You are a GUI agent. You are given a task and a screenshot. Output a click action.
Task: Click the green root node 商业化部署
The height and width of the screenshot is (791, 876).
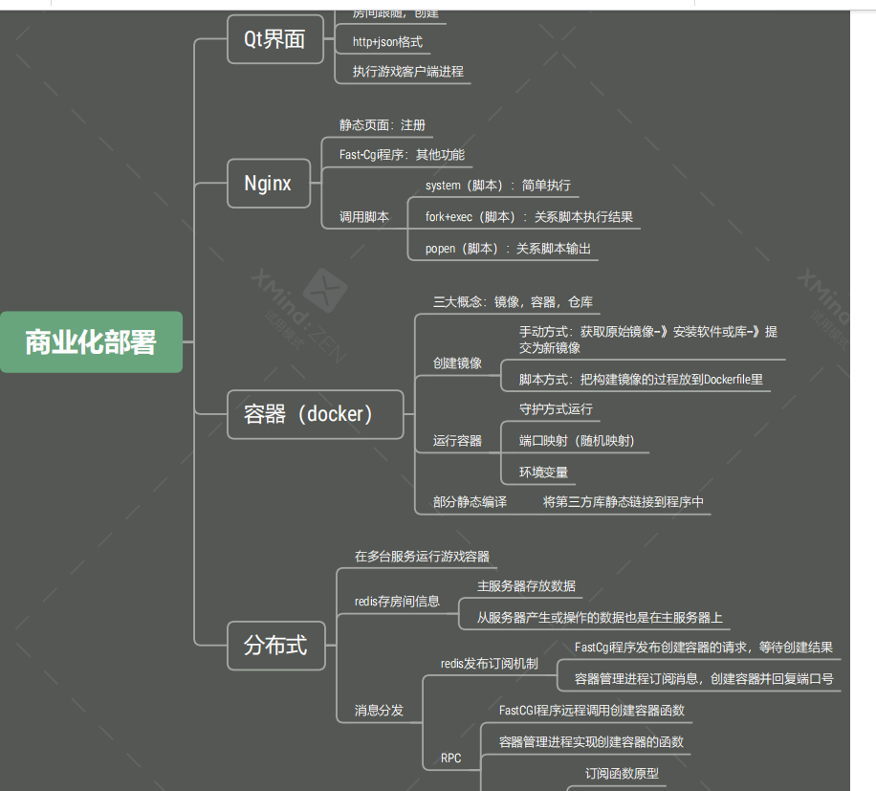click(91, 341)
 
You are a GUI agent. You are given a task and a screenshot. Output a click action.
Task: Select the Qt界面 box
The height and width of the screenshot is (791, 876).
click(275, 39)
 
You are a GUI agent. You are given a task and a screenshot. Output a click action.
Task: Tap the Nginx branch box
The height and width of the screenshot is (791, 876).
click(269, 183)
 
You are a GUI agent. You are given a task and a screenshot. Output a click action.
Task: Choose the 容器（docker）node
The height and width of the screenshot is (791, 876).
click(315, 414)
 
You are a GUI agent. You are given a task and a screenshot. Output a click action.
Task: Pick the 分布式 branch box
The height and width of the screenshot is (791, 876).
click(275, 645)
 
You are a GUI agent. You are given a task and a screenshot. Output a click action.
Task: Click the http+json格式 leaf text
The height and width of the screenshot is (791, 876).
click(387, 42)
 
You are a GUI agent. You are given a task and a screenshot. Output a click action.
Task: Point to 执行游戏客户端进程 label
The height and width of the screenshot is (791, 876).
click(408, 72)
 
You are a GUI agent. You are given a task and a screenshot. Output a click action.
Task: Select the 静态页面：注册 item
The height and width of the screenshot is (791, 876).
click(383, 125)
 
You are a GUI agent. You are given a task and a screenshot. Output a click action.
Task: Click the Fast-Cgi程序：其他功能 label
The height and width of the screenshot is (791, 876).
click(402, 154)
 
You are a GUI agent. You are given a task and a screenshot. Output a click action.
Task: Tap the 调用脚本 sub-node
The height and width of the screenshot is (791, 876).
click(364, 217)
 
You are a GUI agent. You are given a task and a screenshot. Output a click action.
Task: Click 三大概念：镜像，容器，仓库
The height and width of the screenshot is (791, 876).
click(513, 301)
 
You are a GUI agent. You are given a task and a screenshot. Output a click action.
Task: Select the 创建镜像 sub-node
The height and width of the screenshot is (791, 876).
click(457, 363)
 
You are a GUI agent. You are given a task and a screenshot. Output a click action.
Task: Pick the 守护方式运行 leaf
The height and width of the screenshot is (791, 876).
click(556, 408)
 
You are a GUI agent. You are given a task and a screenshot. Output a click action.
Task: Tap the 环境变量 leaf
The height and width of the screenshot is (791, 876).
click(544, 472)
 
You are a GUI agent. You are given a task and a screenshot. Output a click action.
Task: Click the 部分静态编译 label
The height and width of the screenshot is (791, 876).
click(470, 501)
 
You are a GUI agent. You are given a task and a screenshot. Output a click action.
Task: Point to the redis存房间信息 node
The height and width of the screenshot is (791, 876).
click(397, 601)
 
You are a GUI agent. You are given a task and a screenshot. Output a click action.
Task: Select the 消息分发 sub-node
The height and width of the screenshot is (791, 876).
click(379, 710)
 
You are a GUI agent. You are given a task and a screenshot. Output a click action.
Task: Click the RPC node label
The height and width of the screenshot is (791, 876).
click(450, 758)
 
